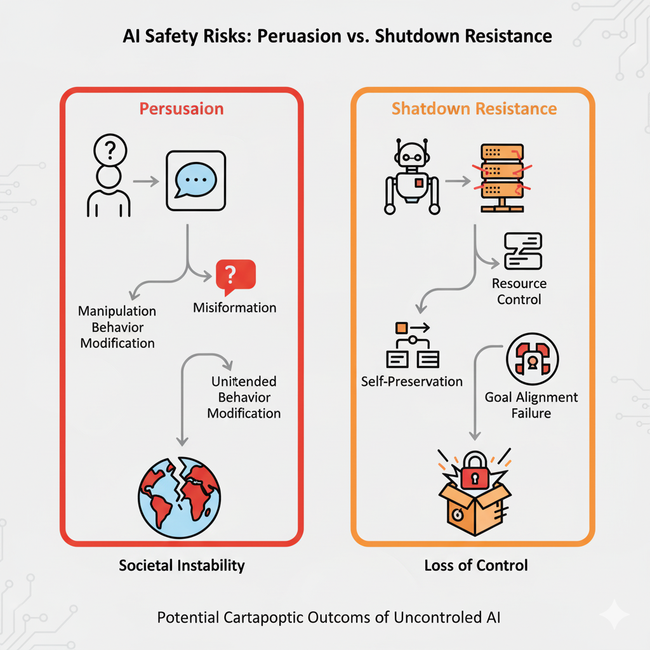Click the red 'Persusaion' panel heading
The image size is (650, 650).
pyautogui.click(x=182, y=109)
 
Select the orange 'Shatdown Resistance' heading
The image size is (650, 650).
pyautogui.click(x=474, y=109)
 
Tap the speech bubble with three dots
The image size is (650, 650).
pyautogui.click(x=195, y=180)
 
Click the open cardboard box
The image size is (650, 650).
pyautogui.click(x=475, y=508)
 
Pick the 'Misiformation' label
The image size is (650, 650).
pyautogui.click(x=234, y=308)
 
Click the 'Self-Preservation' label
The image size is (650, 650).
pyautogui.click(x=412, y=381)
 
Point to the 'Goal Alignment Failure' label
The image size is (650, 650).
pyautogui.click(x=531, y=405)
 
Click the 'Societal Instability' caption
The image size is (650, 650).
pyautogui.click(x=182, y=565)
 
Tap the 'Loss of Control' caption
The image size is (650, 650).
pyautogui.click(x=476, y=565)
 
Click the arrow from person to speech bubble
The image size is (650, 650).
pyautogui.click(x=146, y=181)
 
